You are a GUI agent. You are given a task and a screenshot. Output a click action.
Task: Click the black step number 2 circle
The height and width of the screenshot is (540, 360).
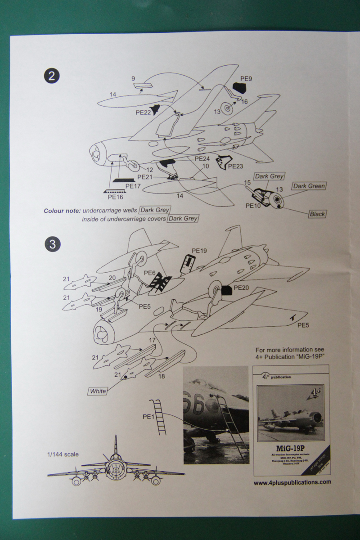pyautogui.click(x=52, y=75)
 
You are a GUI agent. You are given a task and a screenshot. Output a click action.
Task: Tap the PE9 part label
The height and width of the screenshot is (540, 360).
pyautogui.click(x=246, y=79)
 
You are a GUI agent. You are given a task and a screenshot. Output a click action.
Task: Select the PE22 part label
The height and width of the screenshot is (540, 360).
pyautogui.click(x=143, y=112)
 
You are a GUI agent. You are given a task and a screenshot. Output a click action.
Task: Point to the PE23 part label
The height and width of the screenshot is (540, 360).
pyautogui.click(x=235, y=166)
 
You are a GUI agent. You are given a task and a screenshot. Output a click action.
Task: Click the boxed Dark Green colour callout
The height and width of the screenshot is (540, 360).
pyautogui.click(x=309, y=186)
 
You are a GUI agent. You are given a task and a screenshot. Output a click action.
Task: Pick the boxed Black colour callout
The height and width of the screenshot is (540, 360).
pyautogui.click(x=317, y=214)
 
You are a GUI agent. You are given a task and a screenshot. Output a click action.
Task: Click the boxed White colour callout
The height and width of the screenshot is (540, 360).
pyautogui.click(x=98, y=391)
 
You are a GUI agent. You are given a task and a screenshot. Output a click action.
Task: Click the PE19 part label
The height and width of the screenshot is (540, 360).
pyautogui.click(x=199, y=251)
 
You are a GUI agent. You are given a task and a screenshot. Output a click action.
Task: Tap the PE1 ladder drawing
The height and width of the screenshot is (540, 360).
pyautogui.click(x=161, y=417)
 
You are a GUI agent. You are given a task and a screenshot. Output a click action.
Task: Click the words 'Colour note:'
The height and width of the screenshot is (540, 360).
pyautogui.click(x=62, y=211)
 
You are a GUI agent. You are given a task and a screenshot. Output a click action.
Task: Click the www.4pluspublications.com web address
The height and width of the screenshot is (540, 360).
pyautogui.click(x=292, y=481)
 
